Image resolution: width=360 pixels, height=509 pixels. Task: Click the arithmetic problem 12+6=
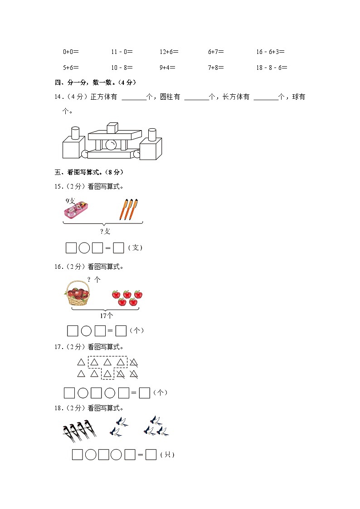pos(169,52)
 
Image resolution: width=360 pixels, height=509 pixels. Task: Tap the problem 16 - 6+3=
pos(270,52)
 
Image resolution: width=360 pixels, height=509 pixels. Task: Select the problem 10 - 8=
pos(122,68)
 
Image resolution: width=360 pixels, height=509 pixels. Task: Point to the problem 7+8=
pos(216,68)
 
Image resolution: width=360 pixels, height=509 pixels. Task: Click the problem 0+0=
pos(71,52)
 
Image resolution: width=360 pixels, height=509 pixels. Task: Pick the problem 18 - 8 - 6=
pos(272,68)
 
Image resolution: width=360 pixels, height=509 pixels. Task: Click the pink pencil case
pos(76,209)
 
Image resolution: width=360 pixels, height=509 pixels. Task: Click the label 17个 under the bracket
pos(107,315)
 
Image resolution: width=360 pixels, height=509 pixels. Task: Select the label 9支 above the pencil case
pos(70,201)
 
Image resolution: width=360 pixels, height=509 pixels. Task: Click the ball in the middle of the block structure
pos(111,145)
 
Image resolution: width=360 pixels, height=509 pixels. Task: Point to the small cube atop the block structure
pos(112,127)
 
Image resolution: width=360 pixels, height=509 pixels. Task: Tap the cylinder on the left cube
pos(75,133)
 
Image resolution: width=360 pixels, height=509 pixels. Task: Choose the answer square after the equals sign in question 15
pos(118,248)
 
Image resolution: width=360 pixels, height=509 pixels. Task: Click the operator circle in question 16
pos(86,331)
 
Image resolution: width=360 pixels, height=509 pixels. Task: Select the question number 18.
pos(58,408)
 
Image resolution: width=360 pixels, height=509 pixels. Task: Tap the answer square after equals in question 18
pos(151,455)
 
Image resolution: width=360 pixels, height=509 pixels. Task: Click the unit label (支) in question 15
pos(136,247)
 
